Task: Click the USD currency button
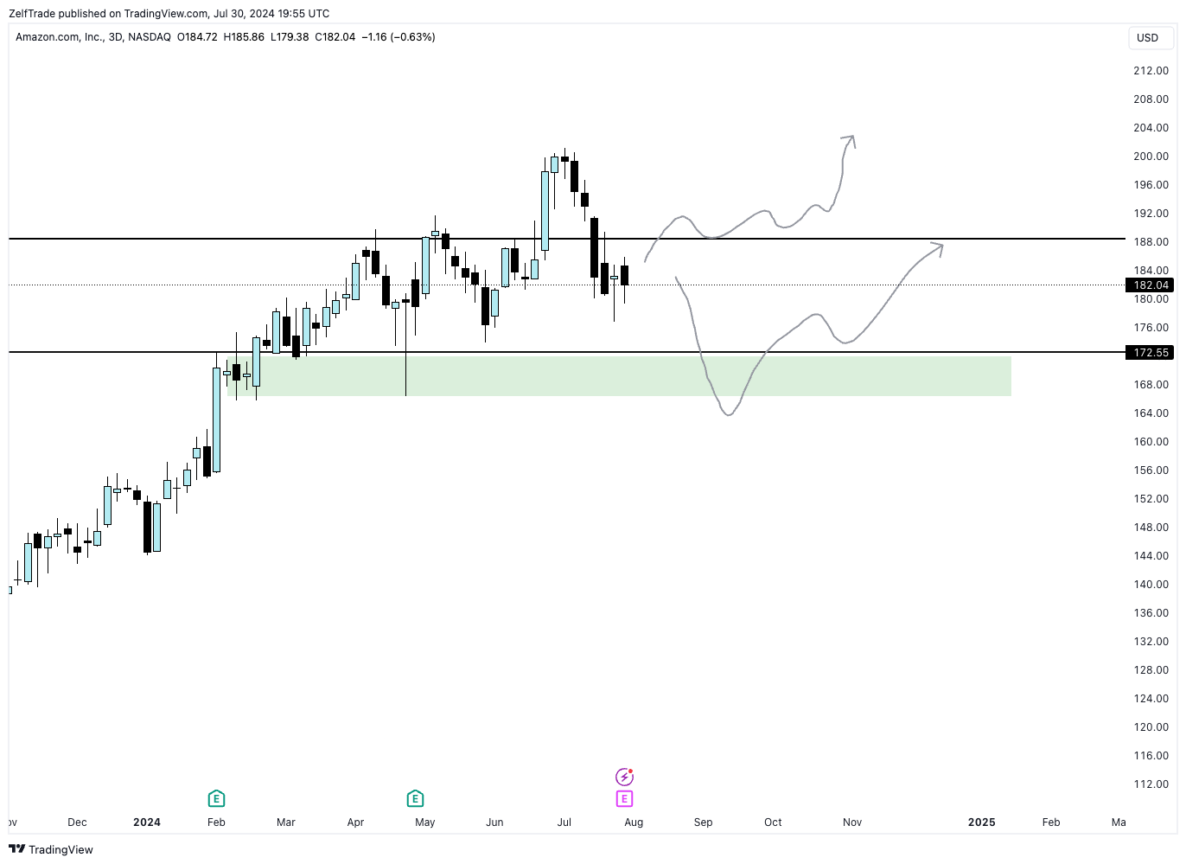click(1147, 38)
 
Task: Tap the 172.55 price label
click(1150, 353)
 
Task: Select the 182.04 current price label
click(1150, 285)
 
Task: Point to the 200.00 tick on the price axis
click(1151, 157)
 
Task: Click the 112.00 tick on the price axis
click(1151, 784)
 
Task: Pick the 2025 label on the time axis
click(981, 822)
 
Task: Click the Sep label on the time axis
click(703, 822)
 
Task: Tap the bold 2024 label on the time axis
click(147, 822)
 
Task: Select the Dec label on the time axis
click(77, 822)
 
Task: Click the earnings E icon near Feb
click(216, 798)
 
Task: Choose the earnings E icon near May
click(415, 798)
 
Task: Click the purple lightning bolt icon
click(624, 777)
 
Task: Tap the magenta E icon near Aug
click(624, 798)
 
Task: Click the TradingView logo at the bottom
click(51, 849)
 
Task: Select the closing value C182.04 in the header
click(335, 37)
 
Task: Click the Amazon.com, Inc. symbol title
click(59, 37)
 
